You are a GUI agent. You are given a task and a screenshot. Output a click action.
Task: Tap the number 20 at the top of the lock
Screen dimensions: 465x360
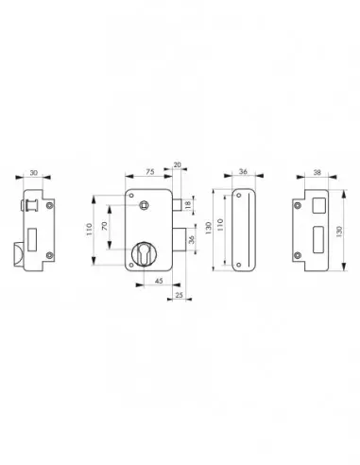click(179, 163)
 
